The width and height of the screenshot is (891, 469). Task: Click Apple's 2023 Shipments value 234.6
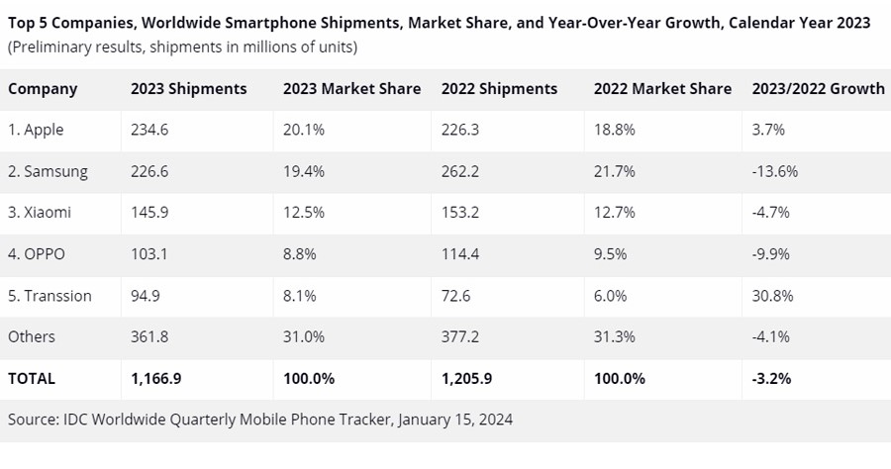148,130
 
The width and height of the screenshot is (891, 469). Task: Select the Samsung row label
48,171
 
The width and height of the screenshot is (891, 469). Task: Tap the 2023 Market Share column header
351,88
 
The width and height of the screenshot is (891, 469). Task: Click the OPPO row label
37,254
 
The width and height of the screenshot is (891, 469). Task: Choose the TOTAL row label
32,378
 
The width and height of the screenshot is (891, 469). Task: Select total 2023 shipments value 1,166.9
156,378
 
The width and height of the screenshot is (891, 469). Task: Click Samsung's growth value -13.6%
774,171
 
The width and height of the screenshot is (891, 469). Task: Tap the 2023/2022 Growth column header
818,88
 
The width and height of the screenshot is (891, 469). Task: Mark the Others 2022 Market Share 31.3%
614,336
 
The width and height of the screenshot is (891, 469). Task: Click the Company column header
43,88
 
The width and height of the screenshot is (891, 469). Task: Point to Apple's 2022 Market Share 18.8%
614,130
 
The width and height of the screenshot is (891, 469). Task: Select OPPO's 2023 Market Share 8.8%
299,254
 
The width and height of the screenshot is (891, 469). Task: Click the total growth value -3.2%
769,378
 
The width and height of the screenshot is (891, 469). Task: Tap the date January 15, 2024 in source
455,420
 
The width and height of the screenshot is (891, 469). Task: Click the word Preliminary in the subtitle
51,47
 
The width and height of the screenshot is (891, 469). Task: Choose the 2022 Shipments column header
498,88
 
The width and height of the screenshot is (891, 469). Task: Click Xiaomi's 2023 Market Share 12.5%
303,213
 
